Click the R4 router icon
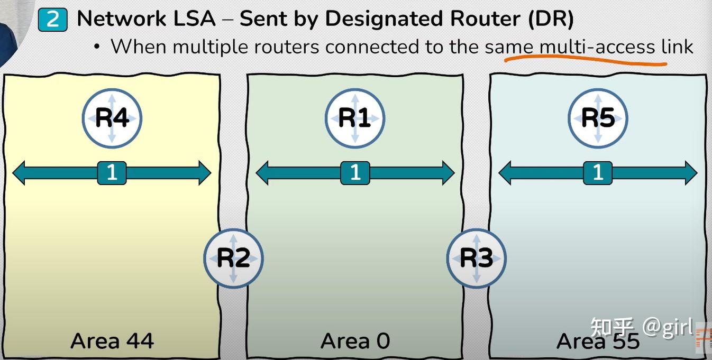tap(112, 118)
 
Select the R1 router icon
tap(354, 118)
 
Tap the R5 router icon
tap(598, 118)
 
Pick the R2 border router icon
tap(233, 258)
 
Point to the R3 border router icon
tap(476, 258)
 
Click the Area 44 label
tap(112, 341)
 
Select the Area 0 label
tap(355, 341)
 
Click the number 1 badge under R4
tap(112, 173)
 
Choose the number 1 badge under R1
tap(355, 173)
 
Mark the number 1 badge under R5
tap(598, 173)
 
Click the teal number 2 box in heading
tap(53, 20)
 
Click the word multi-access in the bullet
tap(597, 47)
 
